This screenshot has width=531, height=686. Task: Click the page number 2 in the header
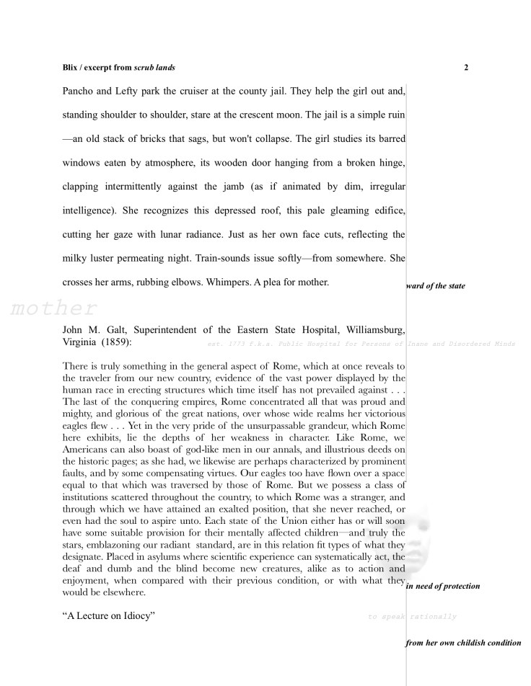click(x=466, y=68)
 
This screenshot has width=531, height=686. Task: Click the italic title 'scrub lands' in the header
click(x=154, y=68)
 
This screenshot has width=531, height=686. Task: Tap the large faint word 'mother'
click(x=54, y=309)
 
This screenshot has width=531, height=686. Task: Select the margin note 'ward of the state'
click(x=436, y=286)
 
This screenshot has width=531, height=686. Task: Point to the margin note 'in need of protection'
click(x=443, y=586)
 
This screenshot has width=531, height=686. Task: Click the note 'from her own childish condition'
click(x=463, y=642)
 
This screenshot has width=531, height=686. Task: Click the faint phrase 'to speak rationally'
click(x=412, y=617)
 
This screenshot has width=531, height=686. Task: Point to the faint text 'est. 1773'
click(x=225, y=344)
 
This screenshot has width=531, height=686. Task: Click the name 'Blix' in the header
click(x=71, y=68)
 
